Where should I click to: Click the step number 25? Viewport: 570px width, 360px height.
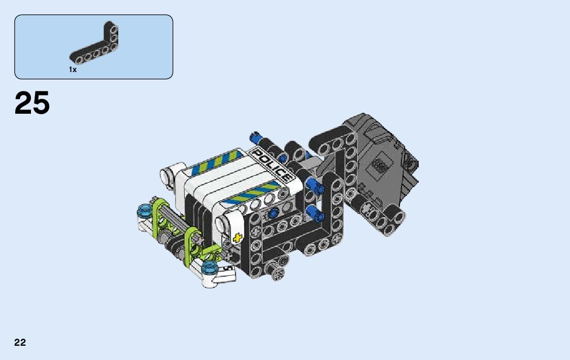32,103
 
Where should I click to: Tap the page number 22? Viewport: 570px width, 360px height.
20,342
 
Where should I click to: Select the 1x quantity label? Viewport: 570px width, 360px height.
73,70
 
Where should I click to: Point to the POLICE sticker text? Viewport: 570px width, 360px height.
272,166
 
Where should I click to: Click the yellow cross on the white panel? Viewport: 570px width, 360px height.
237,238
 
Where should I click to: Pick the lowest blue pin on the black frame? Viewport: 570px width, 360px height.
315,213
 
